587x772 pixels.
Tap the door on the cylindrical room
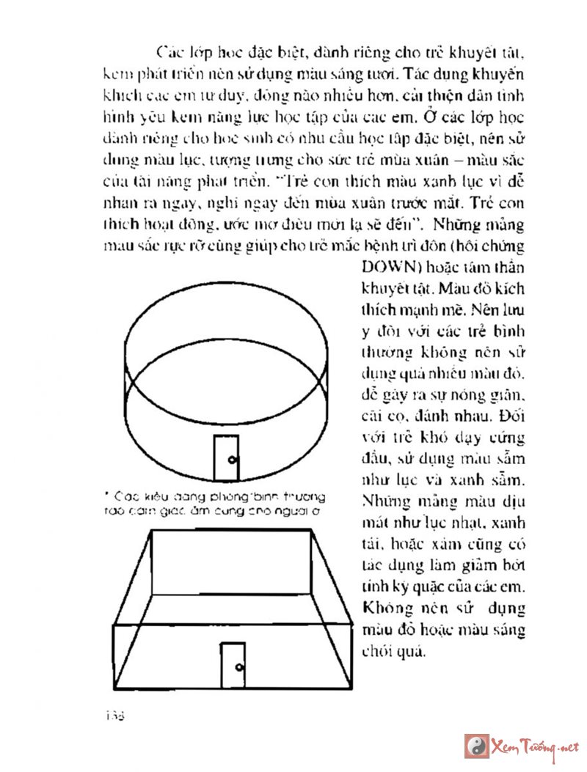pos(226,457)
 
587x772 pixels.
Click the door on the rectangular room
pos(233,665)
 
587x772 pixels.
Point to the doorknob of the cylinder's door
pos(232,460)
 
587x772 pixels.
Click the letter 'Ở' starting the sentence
pos(448,117)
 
